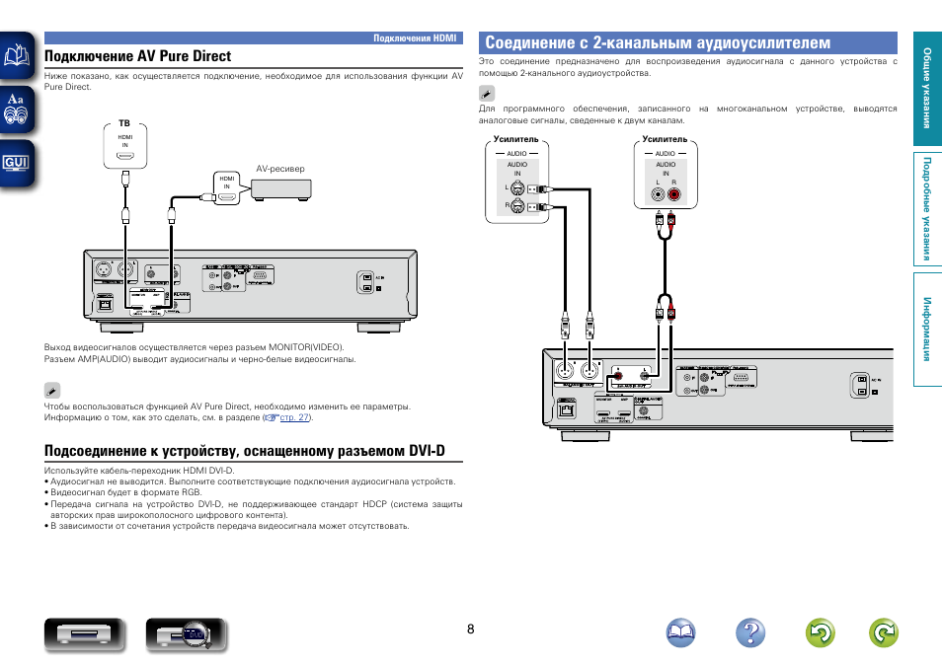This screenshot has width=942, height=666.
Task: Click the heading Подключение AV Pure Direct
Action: click(137, 56)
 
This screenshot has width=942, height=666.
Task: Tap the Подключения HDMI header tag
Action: click(415, 37)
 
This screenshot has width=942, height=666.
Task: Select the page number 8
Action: click(471, 629)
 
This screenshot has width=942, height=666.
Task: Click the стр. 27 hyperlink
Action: click(294, 418)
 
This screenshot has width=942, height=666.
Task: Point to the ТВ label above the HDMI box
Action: click(124, 122)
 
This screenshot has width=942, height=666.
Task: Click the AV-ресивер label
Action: click(280, 169)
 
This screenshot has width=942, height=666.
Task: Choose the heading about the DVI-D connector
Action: click(244, 451)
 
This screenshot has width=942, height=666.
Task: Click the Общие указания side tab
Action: click(927, 89)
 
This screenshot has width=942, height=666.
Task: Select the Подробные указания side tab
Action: click(927, 209)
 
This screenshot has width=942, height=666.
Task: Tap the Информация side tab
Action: click(927, 328)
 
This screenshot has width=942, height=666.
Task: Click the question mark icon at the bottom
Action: click(750, 633)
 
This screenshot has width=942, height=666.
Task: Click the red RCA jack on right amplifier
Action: click(673, 195)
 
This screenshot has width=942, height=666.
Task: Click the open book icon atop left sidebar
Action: click(17, 56)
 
